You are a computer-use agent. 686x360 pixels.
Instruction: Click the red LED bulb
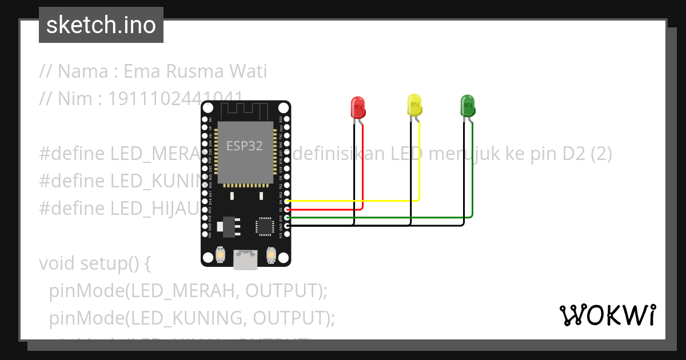pos(357,107)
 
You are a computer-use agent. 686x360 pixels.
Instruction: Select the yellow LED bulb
pos(414,105)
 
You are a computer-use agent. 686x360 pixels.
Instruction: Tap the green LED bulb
pos(468,106)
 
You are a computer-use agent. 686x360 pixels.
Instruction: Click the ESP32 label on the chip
pos(245,146)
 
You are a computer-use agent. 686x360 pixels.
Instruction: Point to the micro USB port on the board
pos(246,259)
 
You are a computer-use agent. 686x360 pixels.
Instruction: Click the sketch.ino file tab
pos(101,25)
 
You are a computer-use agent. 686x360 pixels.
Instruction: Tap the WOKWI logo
pos(607,315)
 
